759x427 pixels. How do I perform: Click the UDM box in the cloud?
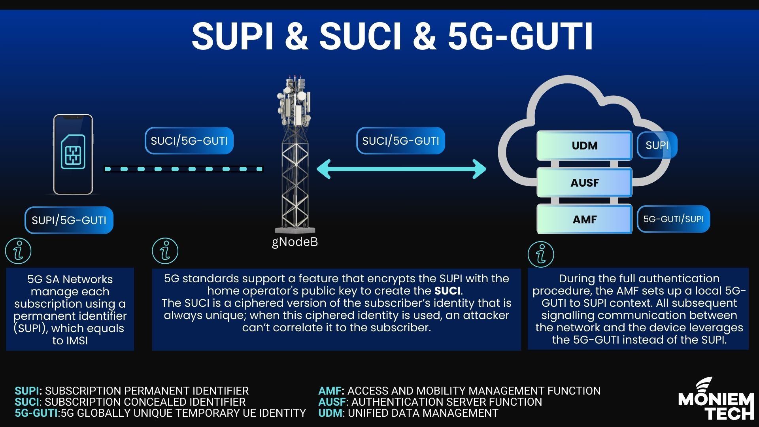click(x=584, y=145)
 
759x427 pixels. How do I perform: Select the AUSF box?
click(x=584, y=183)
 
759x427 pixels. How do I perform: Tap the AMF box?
click(x=584, y=219)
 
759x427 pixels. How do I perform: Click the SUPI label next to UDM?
click(x=657, y=145)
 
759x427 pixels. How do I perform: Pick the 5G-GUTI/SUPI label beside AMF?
click(x=673, y=219)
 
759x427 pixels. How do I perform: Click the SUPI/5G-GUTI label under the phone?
click(x=69, y=220)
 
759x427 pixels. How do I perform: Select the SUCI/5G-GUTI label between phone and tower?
click(x=189, y=141)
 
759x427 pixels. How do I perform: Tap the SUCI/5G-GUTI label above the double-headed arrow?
click(x=400, y=141)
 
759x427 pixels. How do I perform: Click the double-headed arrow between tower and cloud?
click(x=401, y=169)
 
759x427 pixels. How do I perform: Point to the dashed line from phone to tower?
click(x=183, y=169)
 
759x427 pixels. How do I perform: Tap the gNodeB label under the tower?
click(x=295, y=242)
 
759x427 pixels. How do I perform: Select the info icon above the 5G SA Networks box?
click(x=18, y=251)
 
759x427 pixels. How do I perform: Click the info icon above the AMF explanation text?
click(x=541, y=254)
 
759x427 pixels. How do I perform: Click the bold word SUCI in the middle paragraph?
click(x=447, y=291)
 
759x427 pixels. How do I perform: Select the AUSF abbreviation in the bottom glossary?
click(x=331, y=402)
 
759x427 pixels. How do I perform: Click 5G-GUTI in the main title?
click(x=521, y=36)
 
